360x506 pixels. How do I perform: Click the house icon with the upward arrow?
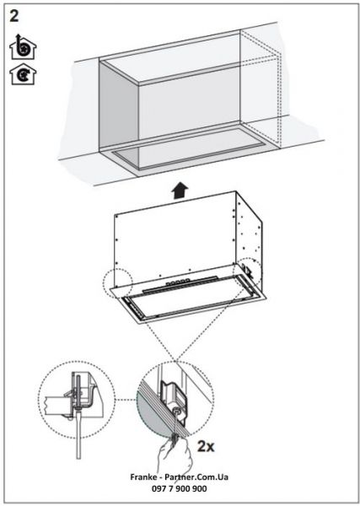click(20, 47)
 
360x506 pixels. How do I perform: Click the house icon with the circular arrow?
click(20, 76)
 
